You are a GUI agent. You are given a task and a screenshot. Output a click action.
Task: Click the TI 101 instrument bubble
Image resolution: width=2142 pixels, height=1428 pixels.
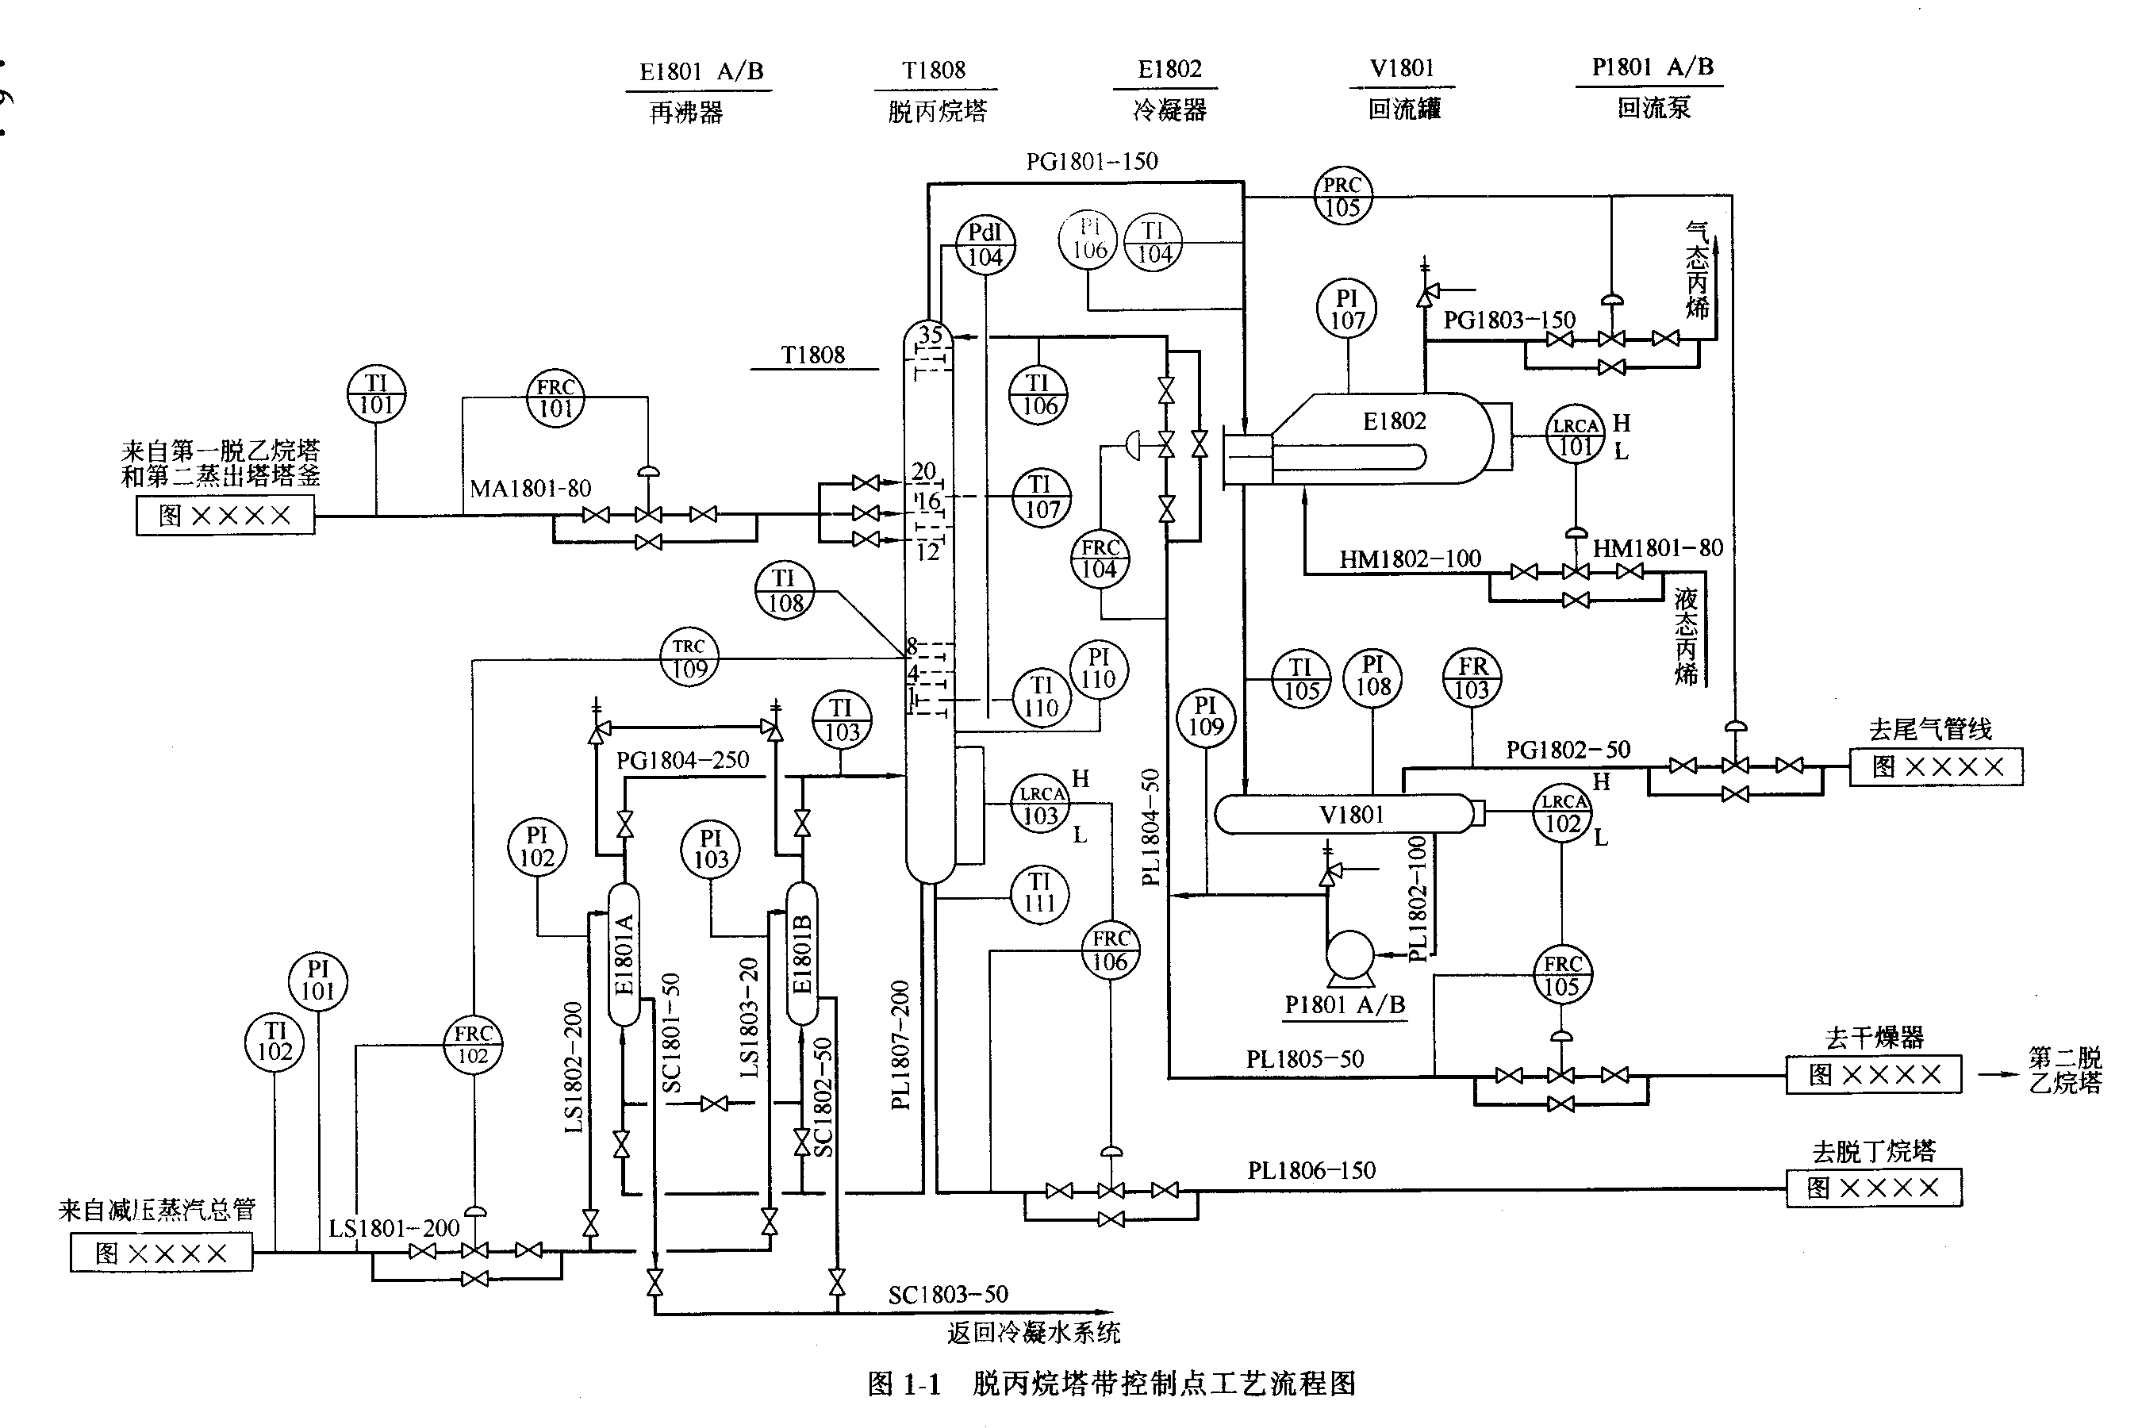point(376,395)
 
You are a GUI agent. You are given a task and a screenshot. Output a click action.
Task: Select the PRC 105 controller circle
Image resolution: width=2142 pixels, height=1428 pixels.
point(1342,196)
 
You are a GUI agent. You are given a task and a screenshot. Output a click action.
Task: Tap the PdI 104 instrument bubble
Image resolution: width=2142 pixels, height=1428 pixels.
point(985,245)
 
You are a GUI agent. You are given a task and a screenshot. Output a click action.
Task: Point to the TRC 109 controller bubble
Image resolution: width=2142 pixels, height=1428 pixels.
point(689,658)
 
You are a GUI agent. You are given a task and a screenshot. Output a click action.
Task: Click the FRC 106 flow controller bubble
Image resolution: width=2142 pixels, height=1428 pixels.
point(1110,950)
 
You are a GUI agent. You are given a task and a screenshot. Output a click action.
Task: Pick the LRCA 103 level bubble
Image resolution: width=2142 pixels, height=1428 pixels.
point(1041,805)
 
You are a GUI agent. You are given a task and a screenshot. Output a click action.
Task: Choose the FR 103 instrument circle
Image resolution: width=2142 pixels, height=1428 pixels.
point(1472,678)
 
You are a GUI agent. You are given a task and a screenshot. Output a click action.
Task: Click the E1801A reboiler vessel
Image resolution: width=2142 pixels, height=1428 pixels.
point(624,954)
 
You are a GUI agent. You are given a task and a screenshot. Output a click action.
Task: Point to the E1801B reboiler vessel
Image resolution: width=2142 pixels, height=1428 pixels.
point(802,954)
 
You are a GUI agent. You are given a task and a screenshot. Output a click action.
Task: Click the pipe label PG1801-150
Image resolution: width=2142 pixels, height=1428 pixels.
point(1091,162)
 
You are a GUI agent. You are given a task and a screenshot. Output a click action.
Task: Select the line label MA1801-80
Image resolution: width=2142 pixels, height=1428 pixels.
point(530,489)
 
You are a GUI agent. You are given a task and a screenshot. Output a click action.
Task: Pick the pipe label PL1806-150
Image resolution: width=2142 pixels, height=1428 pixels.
point(1311,1170)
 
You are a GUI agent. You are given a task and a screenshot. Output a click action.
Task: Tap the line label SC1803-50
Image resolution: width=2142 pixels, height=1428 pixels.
point(947,1294)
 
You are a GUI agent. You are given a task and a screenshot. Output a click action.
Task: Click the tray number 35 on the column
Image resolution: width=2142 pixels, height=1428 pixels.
point(930,334)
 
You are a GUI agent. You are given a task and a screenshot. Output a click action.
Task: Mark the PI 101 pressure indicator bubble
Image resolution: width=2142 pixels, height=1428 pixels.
point(318,980)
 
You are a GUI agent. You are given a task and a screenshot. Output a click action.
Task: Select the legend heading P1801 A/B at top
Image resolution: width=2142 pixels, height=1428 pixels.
point(1652,67)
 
